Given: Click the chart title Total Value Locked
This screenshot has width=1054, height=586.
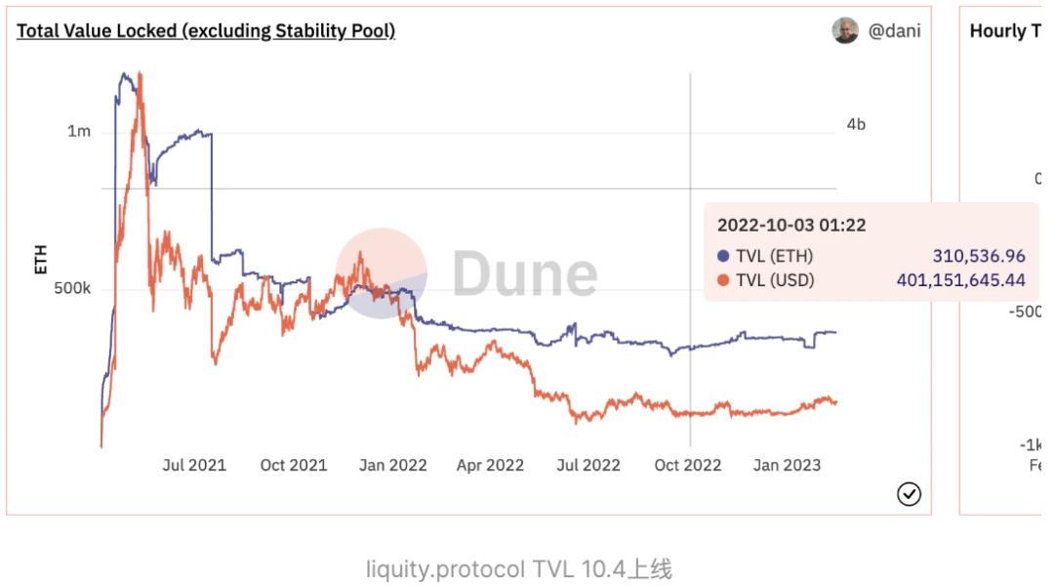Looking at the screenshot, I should pyautogui.click(x=206, y=30).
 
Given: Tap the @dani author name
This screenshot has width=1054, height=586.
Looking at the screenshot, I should pyautogui.click(x=894, y=30).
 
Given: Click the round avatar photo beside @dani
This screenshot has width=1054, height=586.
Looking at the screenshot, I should pyautogui.click(x=845, y=30).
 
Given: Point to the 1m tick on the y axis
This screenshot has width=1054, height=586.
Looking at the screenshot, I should pyautogui.click(x=78, y=132).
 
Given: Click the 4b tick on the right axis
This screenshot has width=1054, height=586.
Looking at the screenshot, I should pyautogui.click(x=856, y=124).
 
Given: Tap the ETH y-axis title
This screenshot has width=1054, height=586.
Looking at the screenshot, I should pyautogui.click(x=41, y=259).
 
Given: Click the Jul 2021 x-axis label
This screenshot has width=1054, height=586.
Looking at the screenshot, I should pyautogui.click(x=193, y=465).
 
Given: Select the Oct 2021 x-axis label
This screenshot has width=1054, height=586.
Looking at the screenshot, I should pyautogui.click(x=293, y=465).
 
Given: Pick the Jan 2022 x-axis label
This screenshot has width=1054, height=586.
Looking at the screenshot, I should pyautogui.click(x=392, y=465).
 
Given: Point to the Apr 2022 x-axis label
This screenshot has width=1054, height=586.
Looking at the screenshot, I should pyautogui.click(x=490, y=465).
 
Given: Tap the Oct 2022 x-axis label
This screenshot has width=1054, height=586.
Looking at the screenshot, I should pyautogui.click(x=688, y=465).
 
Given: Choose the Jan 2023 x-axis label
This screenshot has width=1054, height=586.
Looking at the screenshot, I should pyautogui.click(x=787, y=465).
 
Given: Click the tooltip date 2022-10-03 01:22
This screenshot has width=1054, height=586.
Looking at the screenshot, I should pyautogui.click(x=791, y=225).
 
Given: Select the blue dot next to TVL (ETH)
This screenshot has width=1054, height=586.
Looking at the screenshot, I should pyautogui.click(x=723, y=256).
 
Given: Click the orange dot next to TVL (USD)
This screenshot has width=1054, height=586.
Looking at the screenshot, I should pyautogui.click(x=723, y=281).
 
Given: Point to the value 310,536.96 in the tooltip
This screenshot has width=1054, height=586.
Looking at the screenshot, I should pyautogui.click(x=979, y=256).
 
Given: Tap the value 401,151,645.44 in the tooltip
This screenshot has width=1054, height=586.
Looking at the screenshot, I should pyautogui.click(x=960, y=281).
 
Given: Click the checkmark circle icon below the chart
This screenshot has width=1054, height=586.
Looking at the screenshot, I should pyautogui.click(x=909, y=494).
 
